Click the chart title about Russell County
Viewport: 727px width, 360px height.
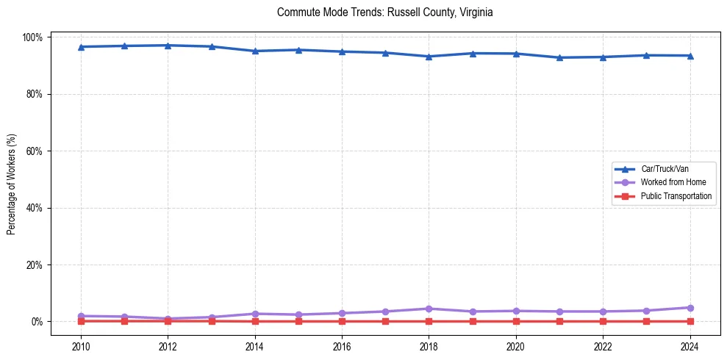coord(385,12)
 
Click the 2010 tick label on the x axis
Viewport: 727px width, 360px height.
coord(81,347)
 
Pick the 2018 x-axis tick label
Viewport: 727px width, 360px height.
coord(429,347)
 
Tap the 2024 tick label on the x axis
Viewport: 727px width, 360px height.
coord(690,347)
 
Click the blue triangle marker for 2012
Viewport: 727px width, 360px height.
coord(168,46)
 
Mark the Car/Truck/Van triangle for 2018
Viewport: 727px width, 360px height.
coord(429,57)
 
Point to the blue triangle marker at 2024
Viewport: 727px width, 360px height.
coord(690,56)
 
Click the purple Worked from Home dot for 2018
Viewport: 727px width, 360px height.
coord(429,309)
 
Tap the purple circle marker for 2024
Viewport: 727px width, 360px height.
coord(690,308)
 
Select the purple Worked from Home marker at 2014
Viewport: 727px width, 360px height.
coord(255,314)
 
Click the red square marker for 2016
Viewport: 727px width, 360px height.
coord(342,321)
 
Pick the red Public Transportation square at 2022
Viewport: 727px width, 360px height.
coord(603,321)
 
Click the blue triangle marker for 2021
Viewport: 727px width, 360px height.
coord(559,57)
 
